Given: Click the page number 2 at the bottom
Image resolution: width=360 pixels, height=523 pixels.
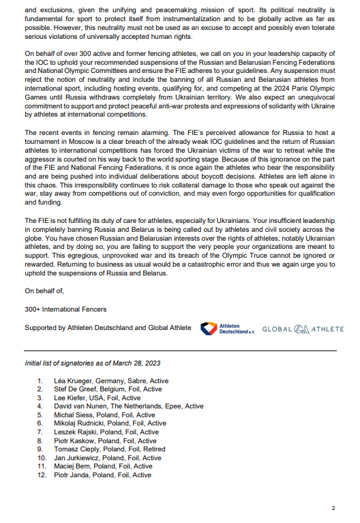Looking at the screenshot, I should tap(333, 508).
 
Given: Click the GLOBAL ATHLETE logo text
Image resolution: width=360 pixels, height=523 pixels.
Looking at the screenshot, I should tap(303, 329).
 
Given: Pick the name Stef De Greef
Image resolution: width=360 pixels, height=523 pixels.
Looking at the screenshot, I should tap(74, 389).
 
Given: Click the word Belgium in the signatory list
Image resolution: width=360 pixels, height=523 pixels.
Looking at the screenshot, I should tap(112, 389).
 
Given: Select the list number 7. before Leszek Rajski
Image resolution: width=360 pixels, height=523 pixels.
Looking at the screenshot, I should tap(40, 432).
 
